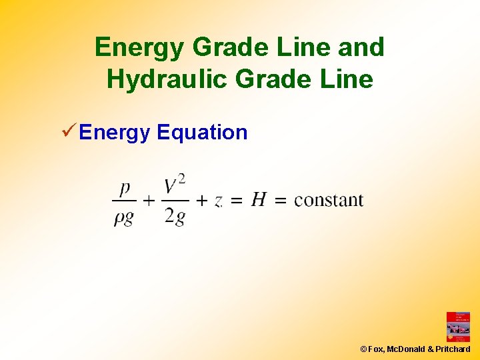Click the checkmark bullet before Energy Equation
pyautogui.click(x=67, y=132)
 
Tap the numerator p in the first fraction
pyautogui.click(x=124, y=189)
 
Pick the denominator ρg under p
pyautogui.click(x=123, y=218)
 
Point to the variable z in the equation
pyautogui.click(x=219, y=201)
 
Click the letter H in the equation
pyautogui.click(x=259, y=199)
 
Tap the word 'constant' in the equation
pyautogui.click(x=329, y=200)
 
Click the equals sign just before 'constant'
pyautogui.click(x=281, y=200)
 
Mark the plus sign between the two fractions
pyautogui.click(x=149, y=200)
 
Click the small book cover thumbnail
pyautogui.click(x=458, y=327)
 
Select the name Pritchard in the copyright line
pyautogui.click(x=453, y=349)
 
